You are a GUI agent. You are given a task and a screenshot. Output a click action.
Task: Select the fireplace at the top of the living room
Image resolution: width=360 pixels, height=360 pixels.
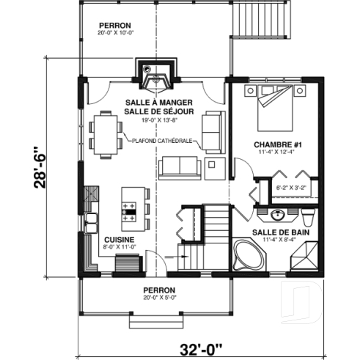[x=158, y=74]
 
